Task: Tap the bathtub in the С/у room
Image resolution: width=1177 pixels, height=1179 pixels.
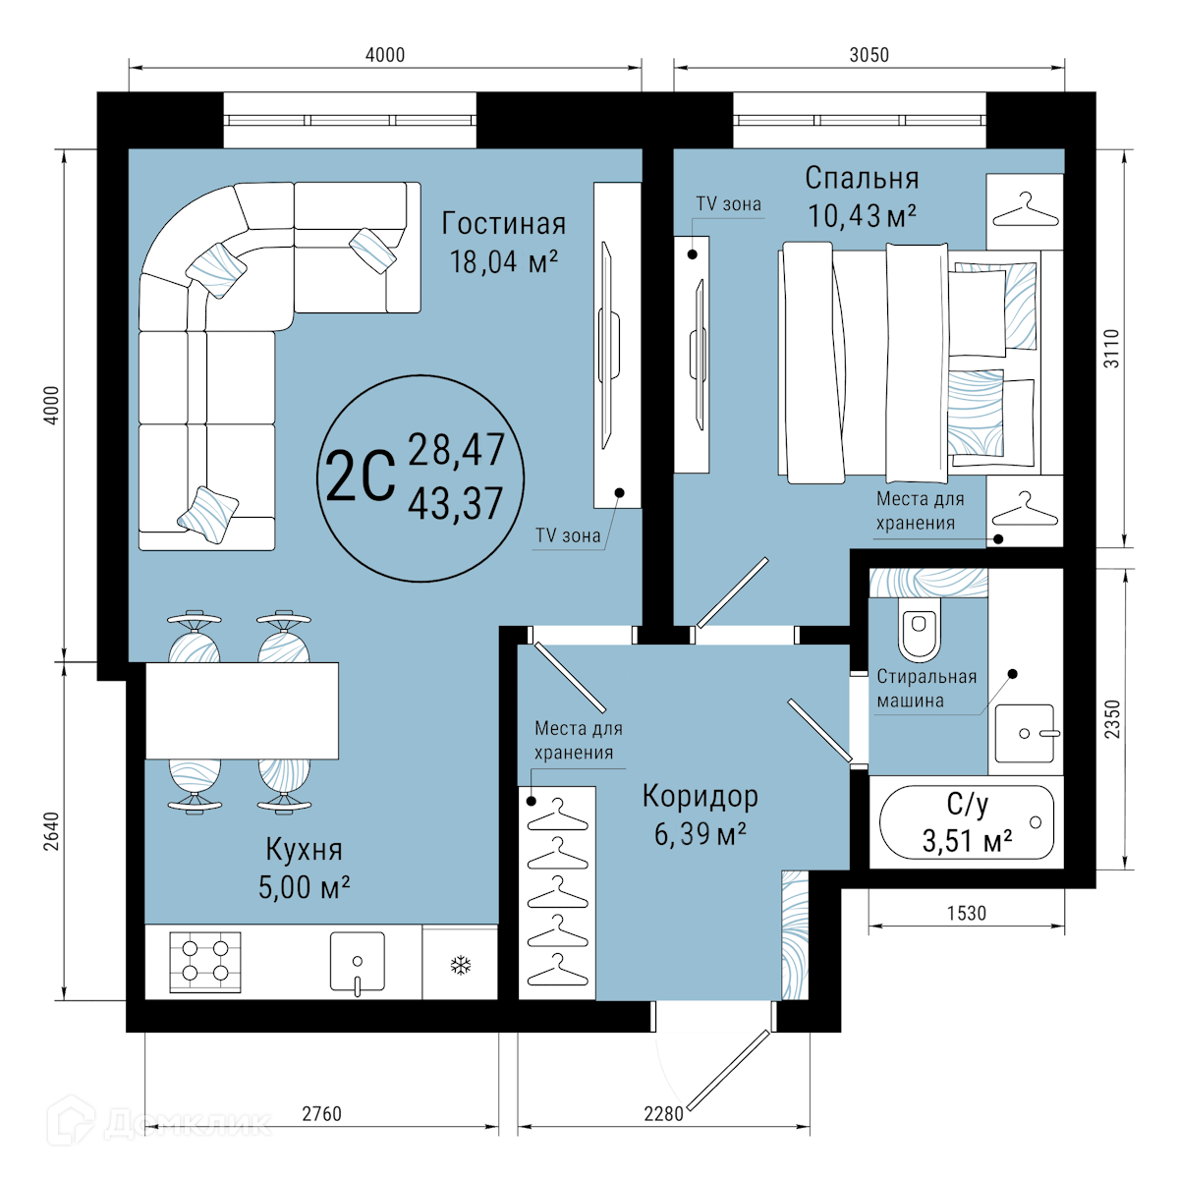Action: [x=967, y=823]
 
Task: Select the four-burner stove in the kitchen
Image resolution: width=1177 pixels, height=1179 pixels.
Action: [x=205, y=963]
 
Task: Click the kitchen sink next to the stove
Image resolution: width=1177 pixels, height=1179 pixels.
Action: [x=358, y=961]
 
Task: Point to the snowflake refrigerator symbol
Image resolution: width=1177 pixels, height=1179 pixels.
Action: [x=460, y=966]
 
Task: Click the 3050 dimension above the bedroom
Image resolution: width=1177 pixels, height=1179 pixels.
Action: [x=869, y=55]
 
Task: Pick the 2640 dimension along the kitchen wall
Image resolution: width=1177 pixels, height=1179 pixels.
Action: [x=52, y=831]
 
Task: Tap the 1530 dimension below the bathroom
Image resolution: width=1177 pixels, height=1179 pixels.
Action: [x=967, y=914]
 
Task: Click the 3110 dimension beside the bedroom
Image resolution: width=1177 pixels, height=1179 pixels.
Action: [x=1111, y=349]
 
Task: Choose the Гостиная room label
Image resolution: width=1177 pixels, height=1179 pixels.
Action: [x=503, y=224]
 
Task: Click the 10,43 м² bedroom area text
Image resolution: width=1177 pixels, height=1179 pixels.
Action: [x=862, y=216]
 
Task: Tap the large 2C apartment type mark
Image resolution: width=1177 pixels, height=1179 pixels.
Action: [x=360, y=477]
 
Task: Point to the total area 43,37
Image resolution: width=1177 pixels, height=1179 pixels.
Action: [x=456, y=504]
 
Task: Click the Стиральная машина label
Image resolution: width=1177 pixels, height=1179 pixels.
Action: [x=926, y=689]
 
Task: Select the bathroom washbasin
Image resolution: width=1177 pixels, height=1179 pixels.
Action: [x=1024, y=733]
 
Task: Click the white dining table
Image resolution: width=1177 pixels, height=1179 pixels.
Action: [x=242, y=710]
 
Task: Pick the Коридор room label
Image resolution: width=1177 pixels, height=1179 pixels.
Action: [x=701, y=796]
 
